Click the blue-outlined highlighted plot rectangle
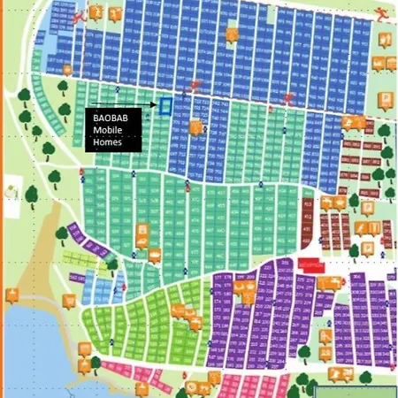coord(165,106)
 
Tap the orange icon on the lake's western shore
coord(12,295)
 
